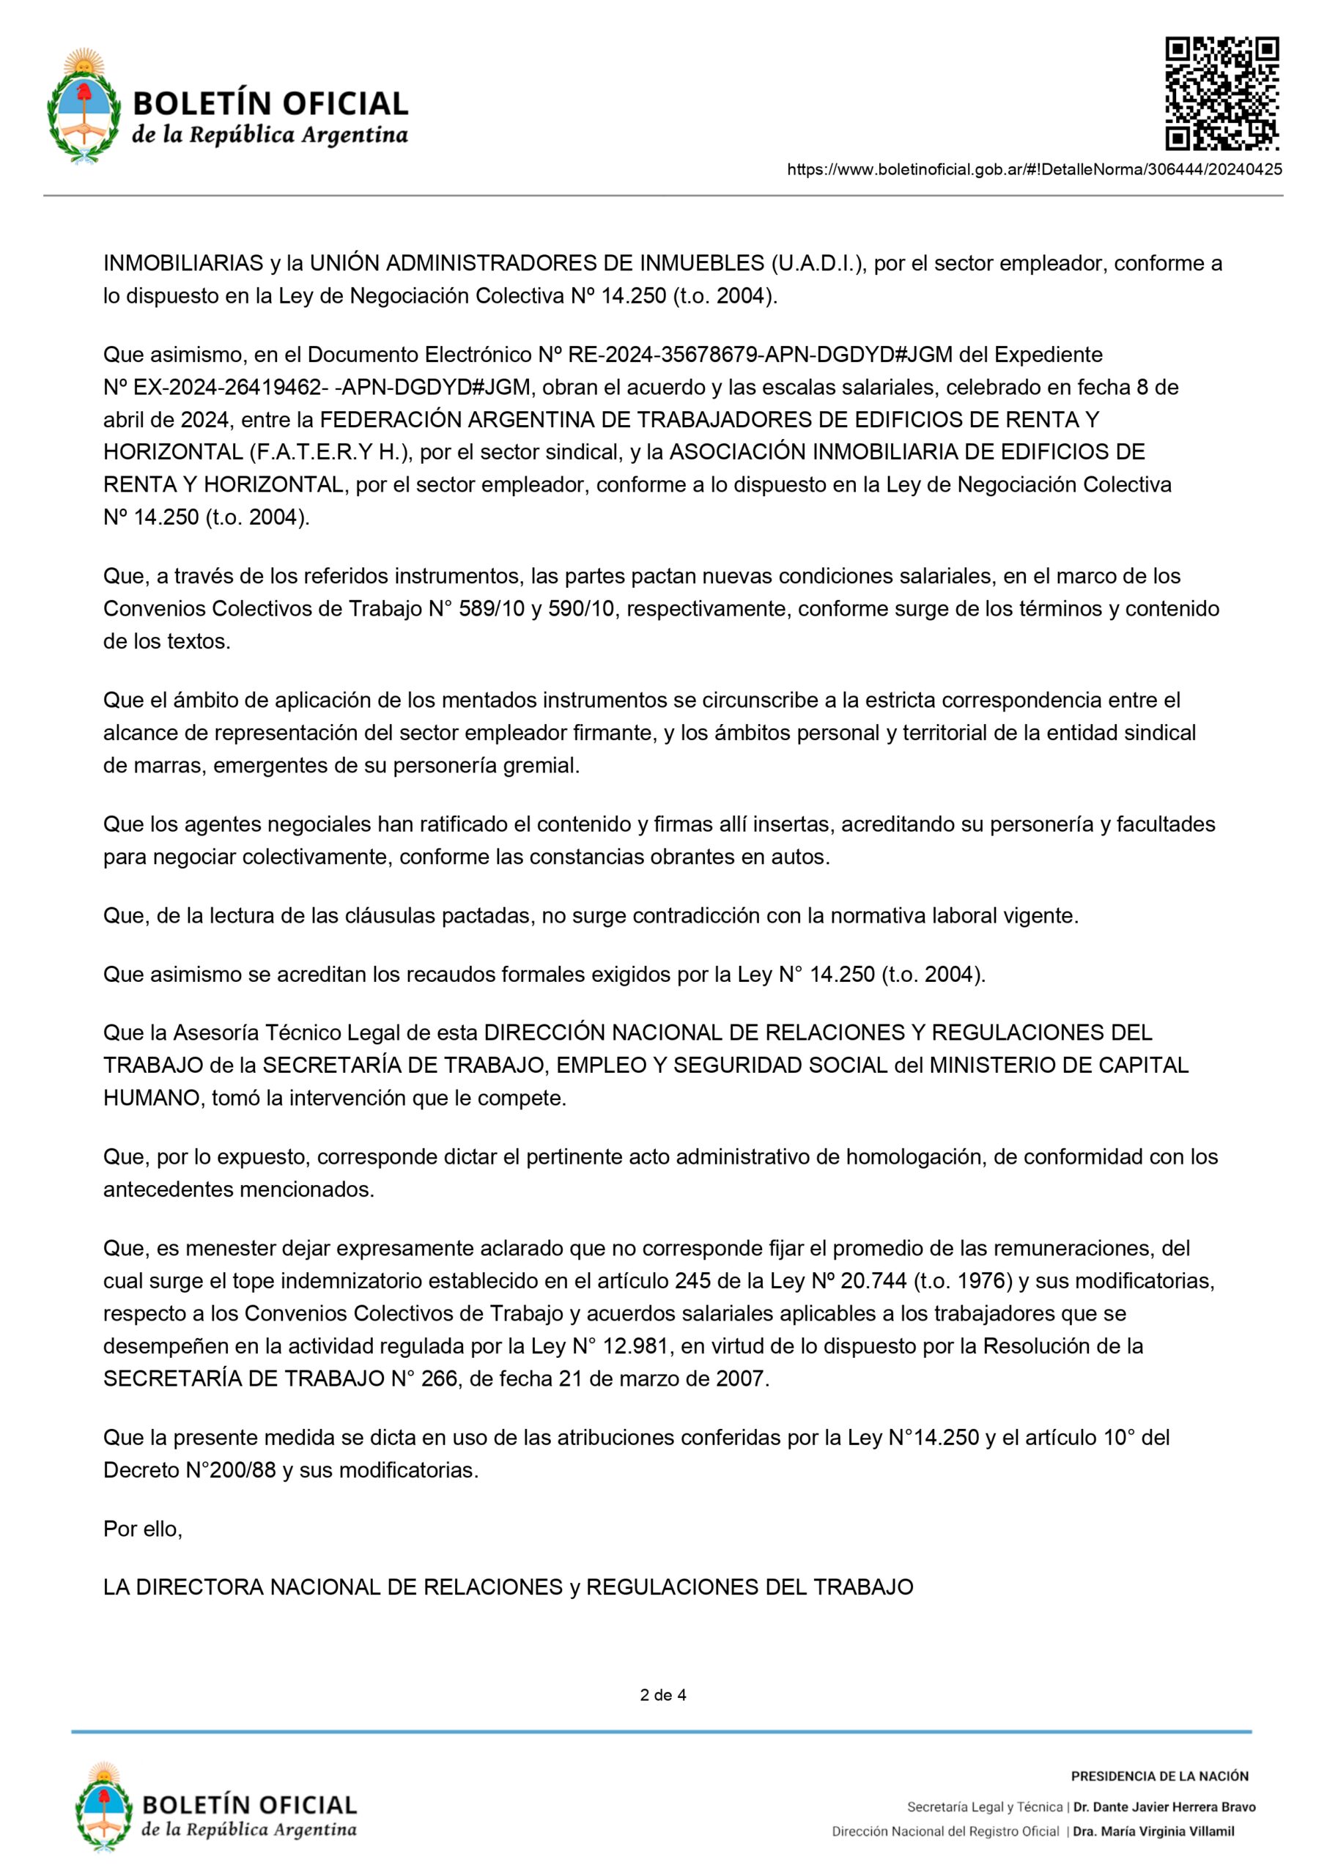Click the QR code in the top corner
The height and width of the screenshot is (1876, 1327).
coord(1221,93)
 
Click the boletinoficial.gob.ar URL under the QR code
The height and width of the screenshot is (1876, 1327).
coord(1034,170)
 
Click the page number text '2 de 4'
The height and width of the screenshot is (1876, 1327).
coord(662,1694)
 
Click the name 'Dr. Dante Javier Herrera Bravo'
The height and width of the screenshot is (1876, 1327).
coord(1164,1806)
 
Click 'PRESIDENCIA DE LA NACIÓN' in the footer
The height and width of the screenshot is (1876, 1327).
coord(1159,1776)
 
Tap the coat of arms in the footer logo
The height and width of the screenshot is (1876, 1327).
coord(103,1808)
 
